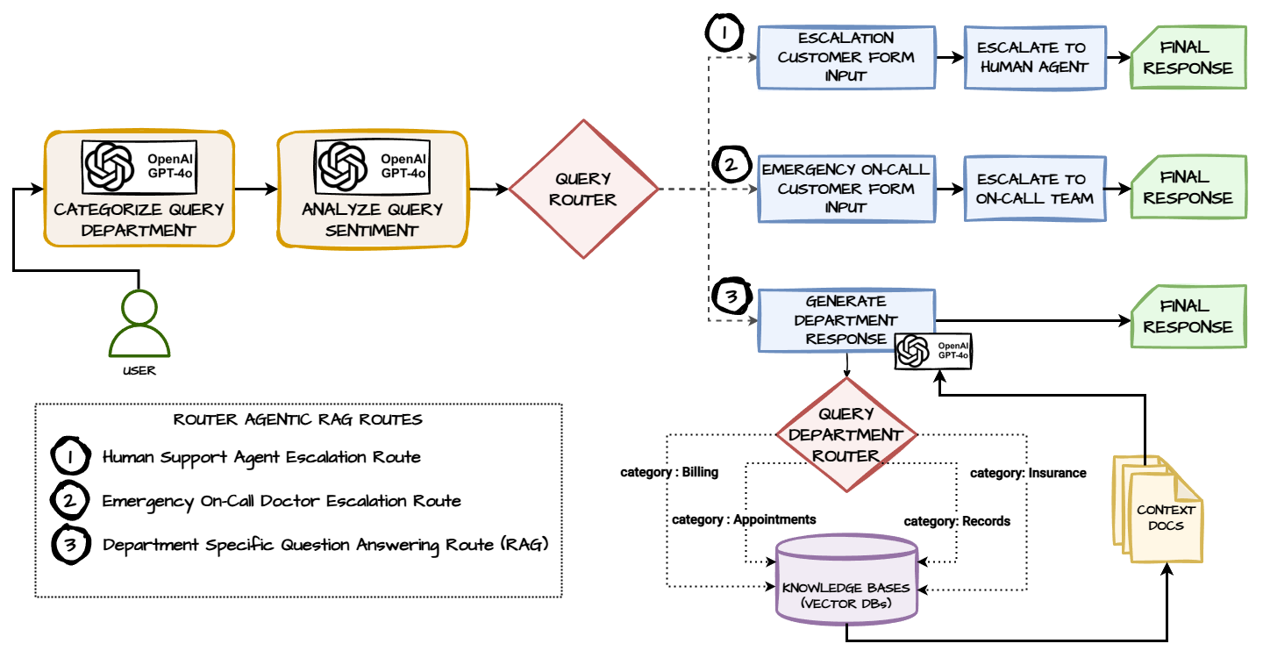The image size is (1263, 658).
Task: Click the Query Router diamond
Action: [x=583, y=190]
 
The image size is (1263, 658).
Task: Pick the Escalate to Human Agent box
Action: [x=1032, y=57]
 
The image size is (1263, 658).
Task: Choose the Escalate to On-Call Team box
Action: [x=1032, y=189]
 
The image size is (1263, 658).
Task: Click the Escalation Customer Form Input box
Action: [x=846, y=57]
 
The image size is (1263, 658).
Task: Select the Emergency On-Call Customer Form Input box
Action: [x=846, y=189]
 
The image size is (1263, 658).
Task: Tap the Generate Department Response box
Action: [x=846, y=320]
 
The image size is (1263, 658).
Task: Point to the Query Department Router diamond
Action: [x=847, y=434]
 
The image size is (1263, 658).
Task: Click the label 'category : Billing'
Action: [x=669, y=473]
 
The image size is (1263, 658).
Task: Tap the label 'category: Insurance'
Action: [x=1028, y=473]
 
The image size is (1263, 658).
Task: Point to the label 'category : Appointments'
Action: [x=744, y=519]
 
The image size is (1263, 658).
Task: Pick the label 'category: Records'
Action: [x=957, y=521]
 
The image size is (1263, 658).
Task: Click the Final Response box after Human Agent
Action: [x=1188, y=57]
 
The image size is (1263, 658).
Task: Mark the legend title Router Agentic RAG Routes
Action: [x=298, y=419]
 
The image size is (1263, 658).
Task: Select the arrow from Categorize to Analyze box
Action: [x=255, y=188]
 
